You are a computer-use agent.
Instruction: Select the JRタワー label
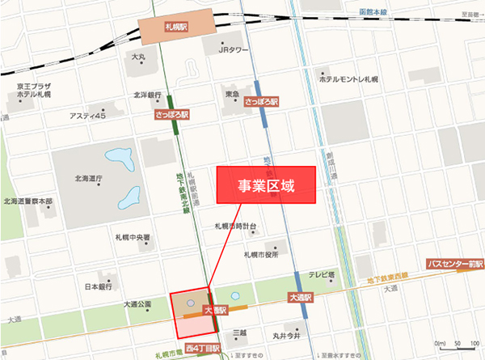pyautogui.click(x=235, y=49)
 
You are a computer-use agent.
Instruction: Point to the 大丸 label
pyautogui.click(x=138, y=57)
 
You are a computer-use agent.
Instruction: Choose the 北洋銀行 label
pyautogui.click(x=150, y=95)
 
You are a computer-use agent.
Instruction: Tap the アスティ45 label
pyautogui.click(x=87, y=116)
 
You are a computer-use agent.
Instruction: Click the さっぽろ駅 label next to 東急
pyautogui.click(x=260, y=103)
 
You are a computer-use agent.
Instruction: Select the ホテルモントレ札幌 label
pyautogui.click(x=348, y=79)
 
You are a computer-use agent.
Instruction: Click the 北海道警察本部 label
pyautogui.click(x=27, y=201)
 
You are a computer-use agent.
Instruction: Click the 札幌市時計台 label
pyautogui.click(x=235, y=227)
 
